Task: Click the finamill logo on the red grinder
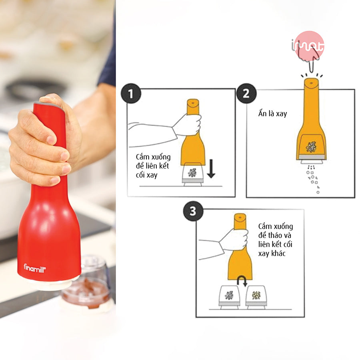[x=34, y=267]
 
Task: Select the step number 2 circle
[x=246, y=94]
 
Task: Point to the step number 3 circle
[x=193, y=211]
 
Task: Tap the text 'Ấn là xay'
[x=272, y=114]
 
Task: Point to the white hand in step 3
[x=234, y=240]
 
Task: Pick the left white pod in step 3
[x=229, y=296]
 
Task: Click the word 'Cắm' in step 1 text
[x=143, y=157]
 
